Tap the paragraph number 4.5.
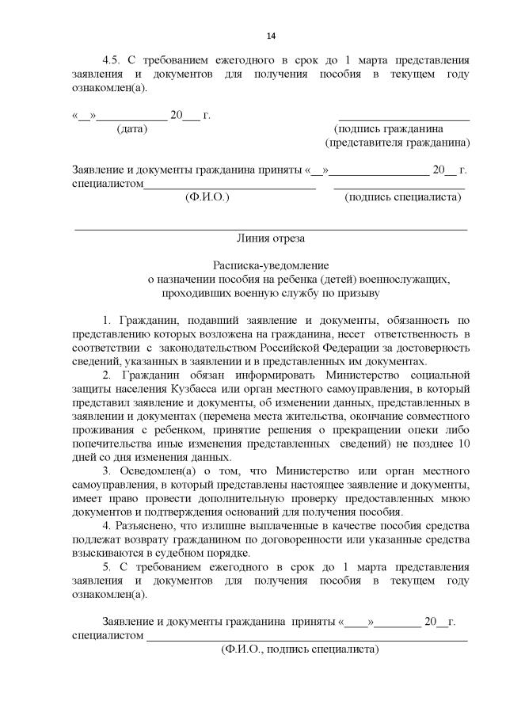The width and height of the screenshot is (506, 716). click(x=115, y=60)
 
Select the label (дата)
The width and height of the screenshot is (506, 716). click(x=132, y=128)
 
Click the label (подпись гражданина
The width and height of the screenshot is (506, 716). click(x=389, y=128)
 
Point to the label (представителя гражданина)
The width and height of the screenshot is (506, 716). click(x=398, y=143)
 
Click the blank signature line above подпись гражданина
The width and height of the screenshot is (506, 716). click(x=404, y=117)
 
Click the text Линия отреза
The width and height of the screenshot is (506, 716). click(x=270, y=238)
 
